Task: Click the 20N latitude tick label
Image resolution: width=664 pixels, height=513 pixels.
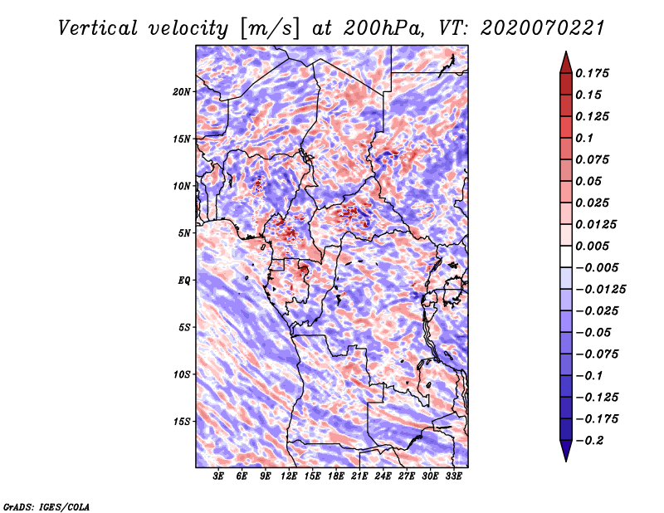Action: point(182,91)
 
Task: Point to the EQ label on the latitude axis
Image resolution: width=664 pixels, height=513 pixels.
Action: point(183,281)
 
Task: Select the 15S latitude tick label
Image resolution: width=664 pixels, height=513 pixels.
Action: point(182,422)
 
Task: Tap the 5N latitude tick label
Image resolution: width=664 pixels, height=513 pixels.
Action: point(184,233)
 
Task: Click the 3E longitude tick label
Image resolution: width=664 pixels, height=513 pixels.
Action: point(219,476)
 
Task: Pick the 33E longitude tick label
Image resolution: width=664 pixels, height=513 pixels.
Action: point(453,476)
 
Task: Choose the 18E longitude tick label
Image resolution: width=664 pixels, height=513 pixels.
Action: point(336,476)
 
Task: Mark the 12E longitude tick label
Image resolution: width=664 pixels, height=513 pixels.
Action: point(289,476)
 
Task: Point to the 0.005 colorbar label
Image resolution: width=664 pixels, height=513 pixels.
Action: point(594,246)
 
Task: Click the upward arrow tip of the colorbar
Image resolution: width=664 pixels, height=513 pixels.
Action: point(565,54)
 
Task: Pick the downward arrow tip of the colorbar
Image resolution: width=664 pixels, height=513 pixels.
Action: point(565,458)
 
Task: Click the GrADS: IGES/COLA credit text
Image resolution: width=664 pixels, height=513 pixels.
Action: point(46,506)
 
